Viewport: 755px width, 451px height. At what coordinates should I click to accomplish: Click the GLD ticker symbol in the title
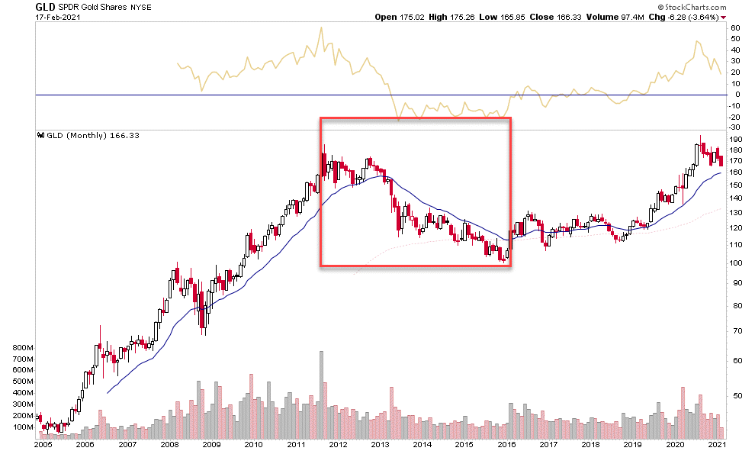45,7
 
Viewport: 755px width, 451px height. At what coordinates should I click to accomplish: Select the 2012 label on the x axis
338,443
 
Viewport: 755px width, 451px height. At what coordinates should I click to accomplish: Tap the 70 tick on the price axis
734,331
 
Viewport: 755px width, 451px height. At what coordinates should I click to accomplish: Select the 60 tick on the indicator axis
735,27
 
